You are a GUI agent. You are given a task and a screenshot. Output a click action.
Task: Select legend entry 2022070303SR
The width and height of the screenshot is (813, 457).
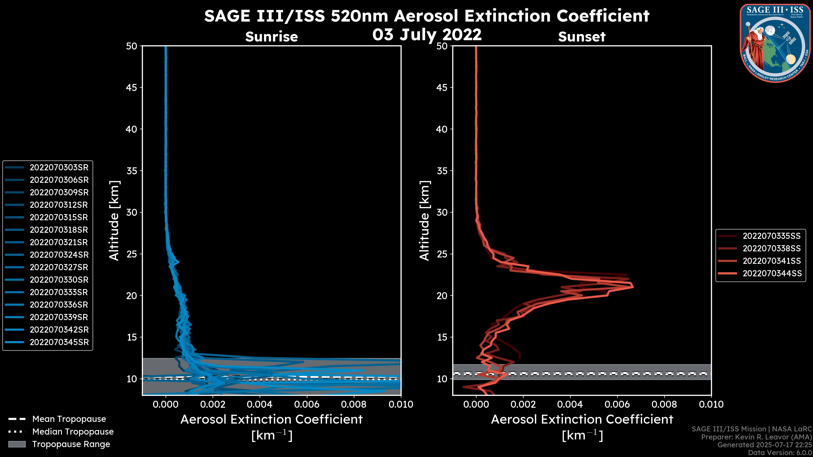(x=59, y=168)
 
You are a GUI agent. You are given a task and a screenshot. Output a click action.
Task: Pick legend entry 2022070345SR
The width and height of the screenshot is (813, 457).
(x=59, y=342)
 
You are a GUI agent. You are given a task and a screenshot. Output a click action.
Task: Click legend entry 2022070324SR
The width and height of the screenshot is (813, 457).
(x=59, y=255)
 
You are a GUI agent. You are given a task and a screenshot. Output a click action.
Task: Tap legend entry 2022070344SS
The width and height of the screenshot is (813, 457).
(x=772, y=273)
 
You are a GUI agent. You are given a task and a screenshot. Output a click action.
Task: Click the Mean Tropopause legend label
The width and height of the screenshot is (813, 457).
(x=69, y=419)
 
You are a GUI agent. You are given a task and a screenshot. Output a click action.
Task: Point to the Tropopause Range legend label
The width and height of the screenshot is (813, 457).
(x=71, y=444)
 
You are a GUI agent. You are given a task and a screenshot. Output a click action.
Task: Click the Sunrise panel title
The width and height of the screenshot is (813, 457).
(x=271, y=37)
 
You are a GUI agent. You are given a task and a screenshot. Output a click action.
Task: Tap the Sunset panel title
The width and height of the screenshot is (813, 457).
(x=582, y=37)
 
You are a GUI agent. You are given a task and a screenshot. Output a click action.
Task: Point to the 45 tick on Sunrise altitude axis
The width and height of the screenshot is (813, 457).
(x=132, y=87)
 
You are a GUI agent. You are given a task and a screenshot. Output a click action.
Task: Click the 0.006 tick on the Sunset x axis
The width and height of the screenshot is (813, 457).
(x=617, y=404)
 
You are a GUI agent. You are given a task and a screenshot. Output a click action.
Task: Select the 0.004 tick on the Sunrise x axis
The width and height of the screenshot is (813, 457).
(x=259, y=404)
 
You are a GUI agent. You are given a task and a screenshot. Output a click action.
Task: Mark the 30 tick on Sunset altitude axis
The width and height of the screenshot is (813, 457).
(x=442, y=212)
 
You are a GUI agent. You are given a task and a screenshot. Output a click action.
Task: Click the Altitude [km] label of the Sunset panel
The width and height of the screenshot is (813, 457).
(x=424, y=221)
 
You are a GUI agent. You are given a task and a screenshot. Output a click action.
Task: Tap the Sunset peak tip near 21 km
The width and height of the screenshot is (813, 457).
(x=632, y=287)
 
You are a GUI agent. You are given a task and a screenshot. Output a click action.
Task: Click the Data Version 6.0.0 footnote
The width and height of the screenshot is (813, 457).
(x=780, y=453)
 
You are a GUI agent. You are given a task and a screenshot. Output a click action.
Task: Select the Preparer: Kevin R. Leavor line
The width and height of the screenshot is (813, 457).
(x=756, y=437)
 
